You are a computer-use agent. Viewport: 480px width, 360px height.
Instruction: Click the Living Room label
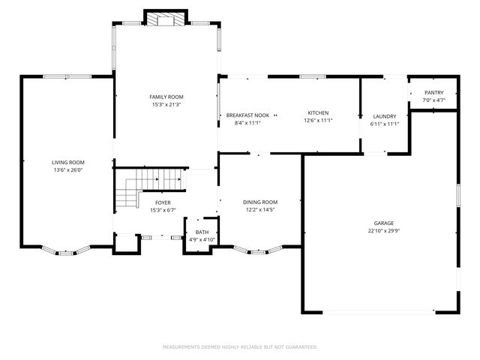(x=67, y=163)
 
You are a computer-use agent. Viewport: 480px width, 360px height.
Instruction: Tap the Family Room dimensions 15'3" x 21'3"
(x=166, y=105)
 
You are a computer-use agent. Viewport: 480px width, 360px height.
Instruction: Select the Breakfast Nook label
(x=247, y=115)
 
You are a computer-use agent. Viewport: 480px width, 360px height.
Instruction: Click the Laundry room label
(x=384, y=116)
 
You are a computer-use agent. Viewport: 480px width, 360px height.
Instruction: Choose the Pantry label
(x=433, y=92)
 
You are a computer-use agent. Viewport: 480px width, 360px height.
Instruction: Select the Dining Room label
(x=260, y=202)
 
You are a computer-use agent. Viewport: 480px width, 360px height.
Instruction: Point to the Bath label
(x=202, y=232)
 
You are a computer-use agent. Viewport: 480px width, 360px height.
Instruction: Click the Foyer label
(x=163, y=202)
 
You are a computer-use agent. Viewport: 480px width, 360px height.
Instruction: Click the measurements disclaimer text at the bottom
(x=240, y=347)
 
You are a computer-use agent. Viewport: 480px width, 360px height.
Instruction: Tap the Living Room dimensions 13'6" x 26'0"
(x=67, y=171)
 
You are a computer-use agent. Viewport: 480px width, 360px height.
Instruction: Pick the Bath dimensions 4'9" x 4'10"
(x=202, y=240)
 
